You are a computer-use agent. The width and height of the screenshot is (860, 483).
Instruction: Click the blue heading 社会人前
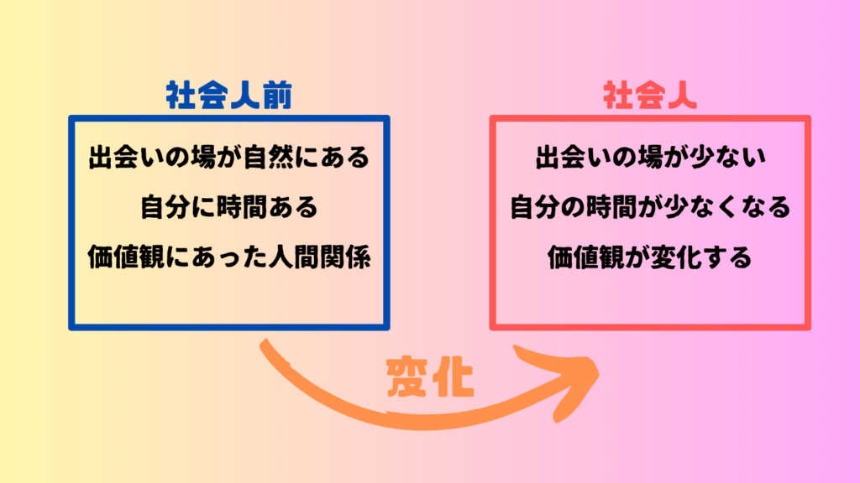228,96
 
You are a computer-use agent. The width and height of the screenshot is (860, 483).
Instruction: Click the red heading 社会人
650,96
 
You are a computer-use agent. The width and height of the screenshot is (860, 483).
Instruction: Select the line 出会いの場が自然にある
229,157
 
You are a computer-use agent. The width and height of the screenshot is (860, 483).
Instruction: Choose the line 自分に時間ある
229,207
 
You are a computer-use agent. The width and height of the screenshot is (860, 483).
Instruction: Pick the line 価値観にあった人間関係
229,257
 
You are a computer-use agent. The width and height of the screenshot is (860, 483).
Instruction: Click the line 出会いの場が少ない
651,157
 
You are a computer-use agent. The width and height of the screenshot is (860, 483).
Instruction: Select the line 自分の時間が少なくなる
651,207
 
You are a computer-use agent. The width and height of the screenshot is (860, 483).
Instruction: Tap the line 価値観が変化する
651,257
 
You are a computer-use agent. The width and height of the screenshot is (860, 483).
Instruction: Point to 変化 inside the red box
677,257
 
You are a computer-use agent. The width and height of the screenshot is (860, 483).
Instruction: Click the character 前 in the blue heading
277,96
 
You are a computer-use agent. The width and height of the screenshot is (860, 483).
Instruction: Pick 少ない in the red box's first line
728,157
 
